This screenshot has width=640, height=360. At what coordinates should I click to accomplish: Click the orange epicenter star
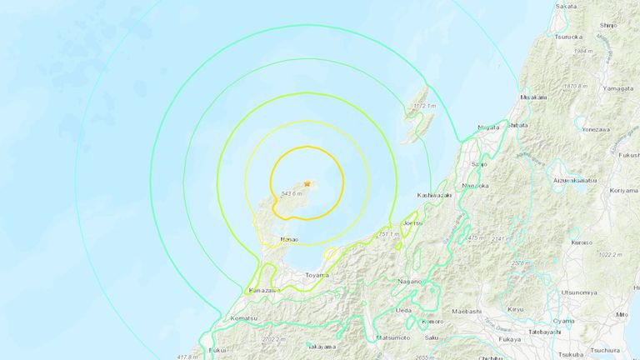pyautogui.click(x=307, y=182)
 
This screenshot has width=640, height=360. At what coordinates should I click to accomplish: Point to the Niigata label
pyautogui.click(x=488, y=127)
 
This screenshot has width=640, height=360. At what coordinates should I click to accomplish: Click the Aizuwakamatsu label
pyautogui.click(x=575, y=180)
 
